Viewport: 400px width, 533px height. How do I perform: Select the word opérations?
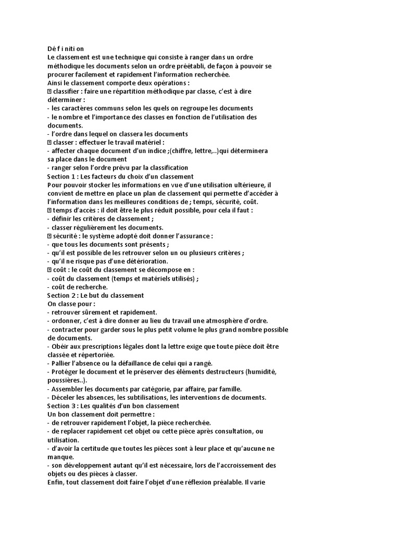tap(170, 83)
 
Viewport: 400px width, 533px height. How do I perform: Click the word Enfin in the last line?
tap(56, 482)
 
